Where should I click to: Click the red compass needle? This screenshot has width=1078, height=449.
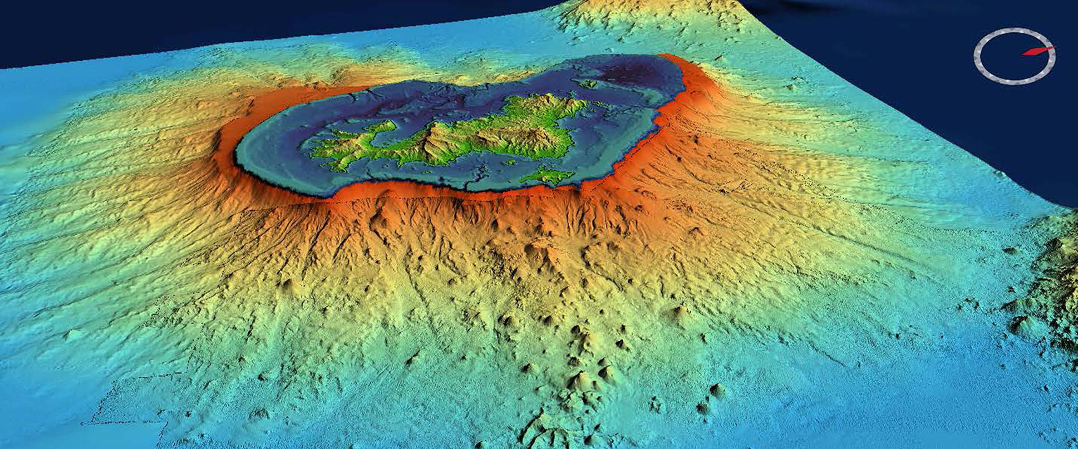pos(1037,51)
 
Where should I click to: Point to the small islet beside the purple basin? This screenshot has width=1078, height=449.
pos(588,83)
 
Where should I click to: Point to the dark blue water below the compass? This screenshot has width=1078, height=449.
pos(1014,139)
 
